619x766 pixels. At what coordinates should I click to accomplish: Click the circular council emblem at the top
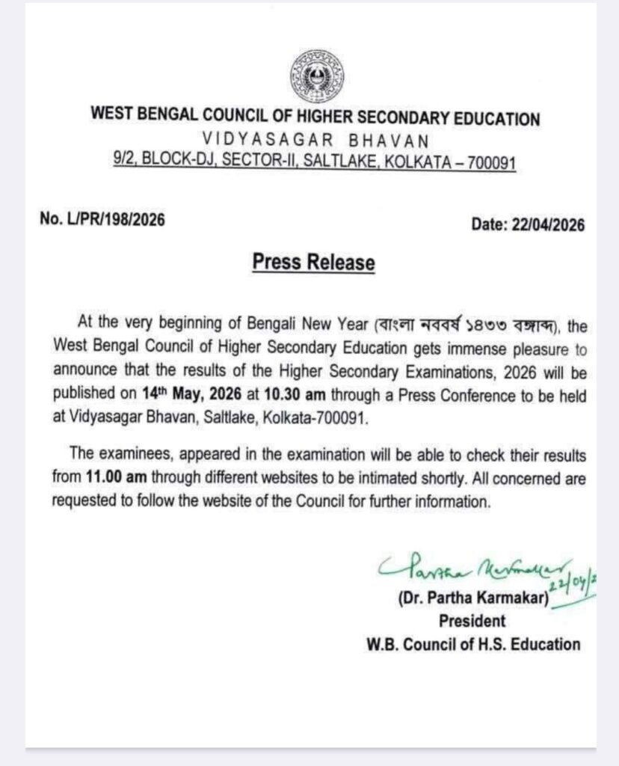coord(314,78)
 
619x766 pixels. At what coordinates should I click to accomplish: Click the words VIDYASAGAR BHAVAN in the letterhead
coord(314,140)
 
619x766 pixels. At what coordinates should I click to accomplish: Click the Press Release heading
coord(314,263)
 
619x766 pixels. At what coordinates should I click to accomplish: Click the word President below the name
coord(472,621)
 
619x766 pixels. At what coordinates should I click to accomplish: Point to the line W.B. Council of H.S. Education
coord(473,643)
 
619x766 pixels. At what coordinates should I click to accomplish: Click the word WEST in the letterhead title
coord(110,117)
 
